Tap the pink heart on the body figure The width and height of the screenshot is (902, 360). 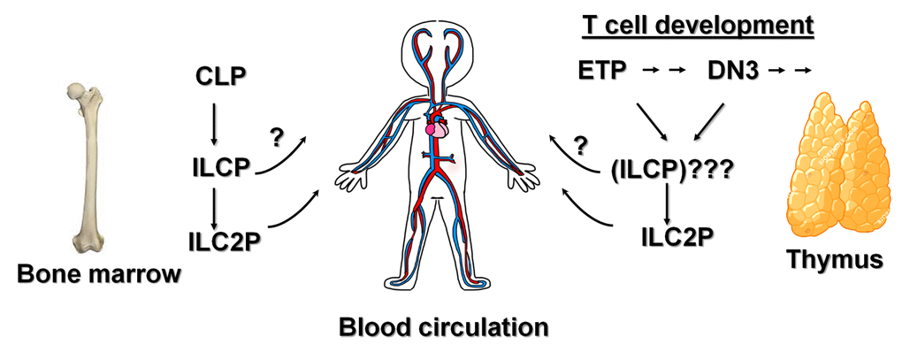[x=435, y=129]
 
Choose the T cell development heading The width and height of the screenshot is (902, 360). [x=698, y=25]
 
